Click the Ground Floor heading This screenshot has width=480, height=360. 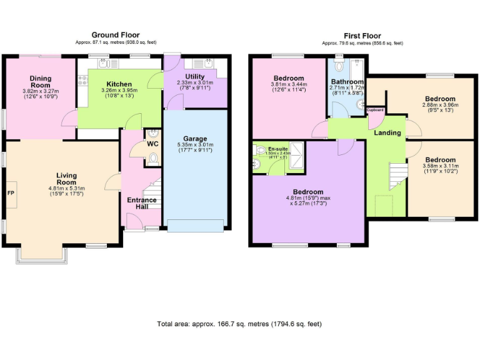pos(116,35)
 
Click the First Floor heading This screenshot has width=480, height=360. pos(362,36)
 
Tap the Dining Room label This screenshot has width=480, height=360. pos(41,82)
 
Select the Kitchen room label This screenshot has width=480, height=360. pos(119,84)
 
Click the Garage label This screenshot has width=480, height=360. pos(195,138)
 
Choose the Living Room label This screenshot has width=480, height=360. pos(66,179)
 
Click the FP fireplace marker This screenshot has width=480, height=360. pos(10,192)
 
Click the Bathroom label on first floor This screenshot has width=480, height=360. pos(347,82)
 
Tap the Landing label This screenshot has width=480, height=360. pos(387,133)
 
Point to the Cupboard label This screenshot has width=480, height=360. pos(375,110)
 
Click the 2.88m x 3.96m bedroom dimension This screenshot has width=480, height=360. pos(440,108)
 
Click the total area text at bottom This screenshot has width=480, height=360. pos(239,324)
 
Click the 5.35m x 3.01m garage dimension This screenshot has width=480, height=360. pos(195,147)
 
